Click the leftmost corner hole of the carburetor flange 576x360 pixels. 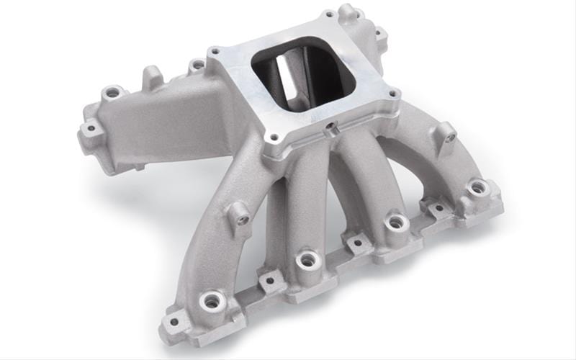point(214,51)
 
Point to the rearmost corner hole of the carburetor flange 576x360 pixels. point(329,14)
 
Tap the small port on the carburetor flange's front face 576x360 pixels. point(330,132)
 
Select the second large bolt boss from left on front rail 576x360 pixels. point(307,259)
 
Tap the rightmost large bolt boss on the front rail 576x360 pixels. point(477,189)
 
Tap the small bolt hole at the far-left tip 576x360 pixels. point(90,130)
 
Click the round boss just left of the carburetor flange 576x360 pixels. point(197,66)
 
